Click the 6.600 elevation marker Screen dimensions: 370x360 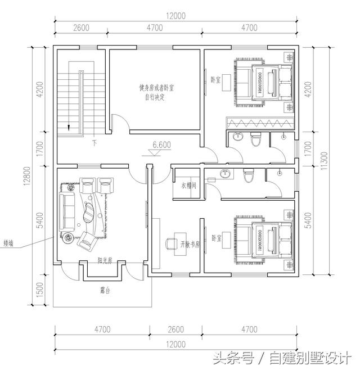(x=161, y=145)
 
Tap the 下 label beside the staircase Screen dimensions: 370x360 (x=94, y=143)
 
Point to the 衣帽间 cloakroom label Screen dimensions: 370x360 (x=187, y=185)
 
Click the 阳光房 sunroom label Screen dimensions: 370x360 (x=104, y=261)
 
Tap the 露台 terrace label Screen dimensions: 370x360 (x=104, y=290)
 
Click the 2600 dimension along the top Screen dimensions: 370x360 (x=81, y=27)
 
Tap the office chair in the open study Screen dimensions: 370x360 (x=170, y=244)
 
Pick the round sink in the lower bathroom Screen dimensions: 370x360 (x=226, y=174)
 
